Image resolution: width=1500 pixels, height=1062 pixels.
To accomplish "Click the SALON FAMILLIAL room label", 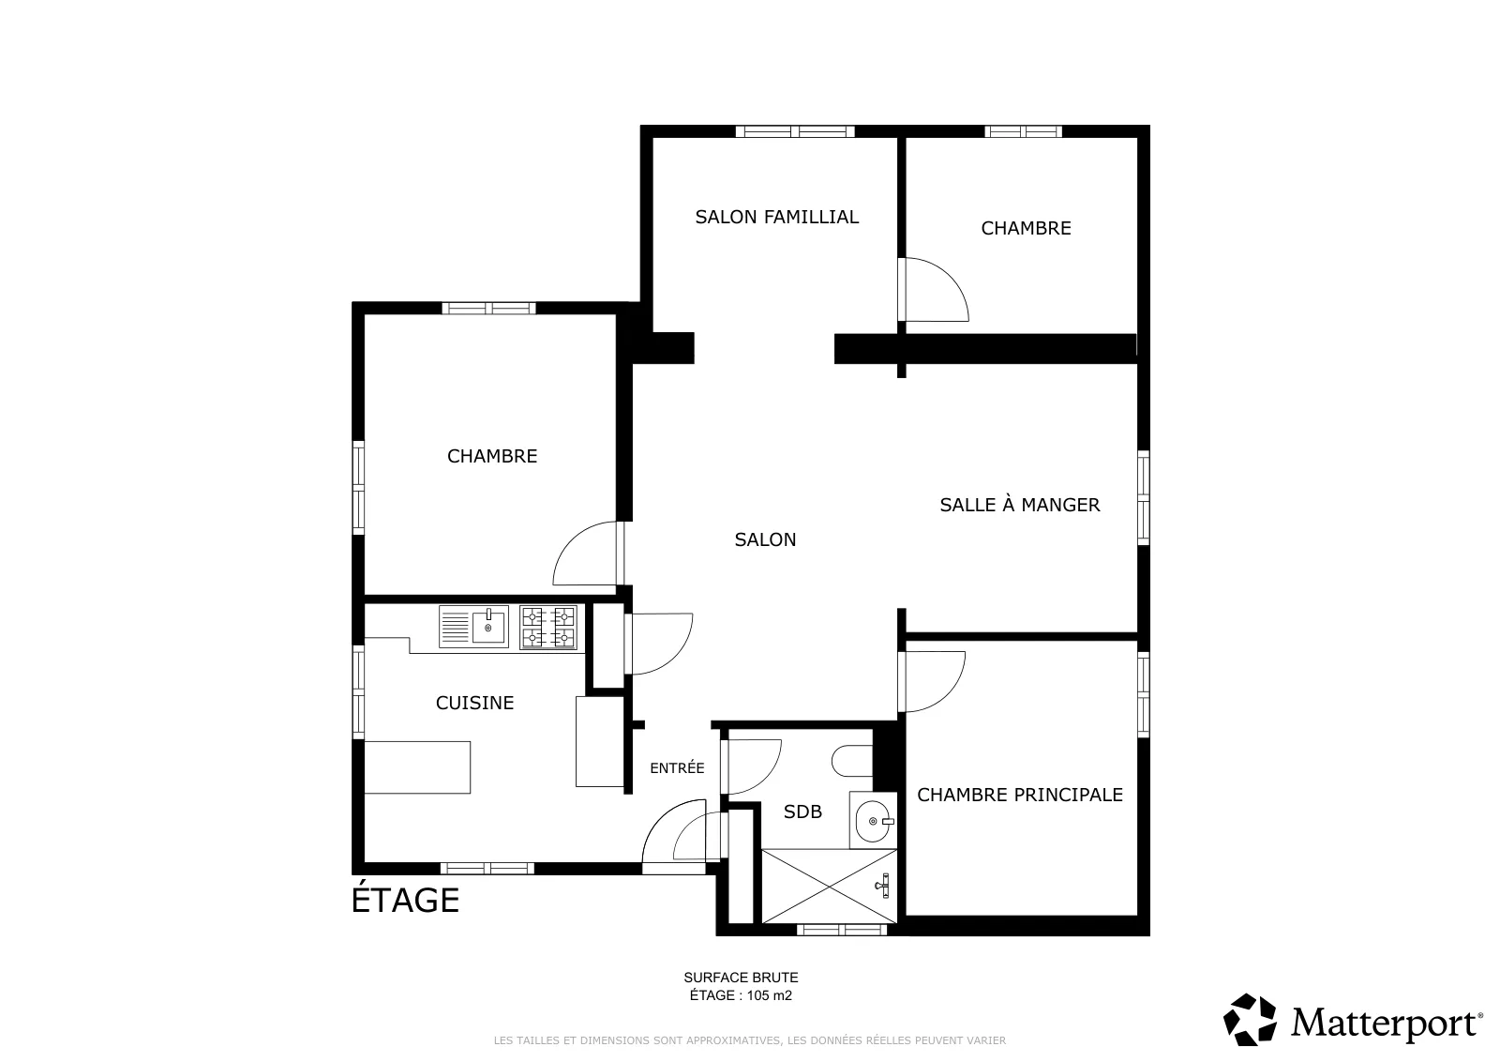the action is coord(777,217).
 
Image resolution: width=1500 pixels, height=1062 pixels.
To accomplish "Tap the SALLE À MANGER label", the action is coord(1020,505).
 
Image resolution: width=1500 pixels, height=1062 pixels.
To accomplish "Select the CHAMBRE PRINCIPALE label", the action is coord(1020,795).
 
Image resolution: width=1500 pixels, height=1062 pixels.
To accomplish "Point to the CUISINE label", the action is coord(474,703).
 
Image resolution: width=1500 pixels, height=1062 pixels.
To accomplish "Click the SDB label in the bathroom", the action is coord(802,812).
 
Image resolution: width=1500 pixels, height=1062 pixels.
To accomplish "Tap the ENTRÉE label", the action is coord(677,767).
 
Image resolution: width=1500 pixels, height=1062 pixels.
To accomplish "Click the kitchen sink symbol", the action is coord(473,627).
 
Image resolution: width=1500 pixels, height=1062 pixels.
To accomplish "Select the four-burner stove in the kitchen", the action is coord(547,628).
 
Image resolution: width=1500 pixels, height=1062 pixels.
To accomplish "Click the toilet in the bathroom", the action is coord(852,761).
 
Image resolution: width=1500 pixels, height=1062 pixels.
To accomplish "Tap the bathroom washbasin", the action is coord(873,820).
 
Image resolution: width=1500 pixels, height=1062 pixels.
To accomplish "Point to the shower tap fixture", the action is coord(883,886).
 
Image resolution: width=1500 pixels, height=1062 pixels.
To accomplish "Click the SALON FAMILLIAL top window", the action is coord(795,131).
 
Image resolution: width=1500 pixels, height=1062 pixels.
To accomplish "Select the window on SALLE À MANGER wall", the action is coord(1144,498).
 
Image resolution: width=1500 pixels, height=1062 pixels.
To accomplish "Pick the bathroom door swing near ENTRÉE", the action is coord(751,766).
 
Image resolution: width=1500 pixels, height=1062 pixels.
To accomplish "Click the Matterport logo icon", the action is coord(1250,1020).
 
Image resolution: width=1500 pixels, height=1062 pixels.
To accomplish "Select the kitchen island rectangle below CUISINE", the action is coord(417,767).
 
